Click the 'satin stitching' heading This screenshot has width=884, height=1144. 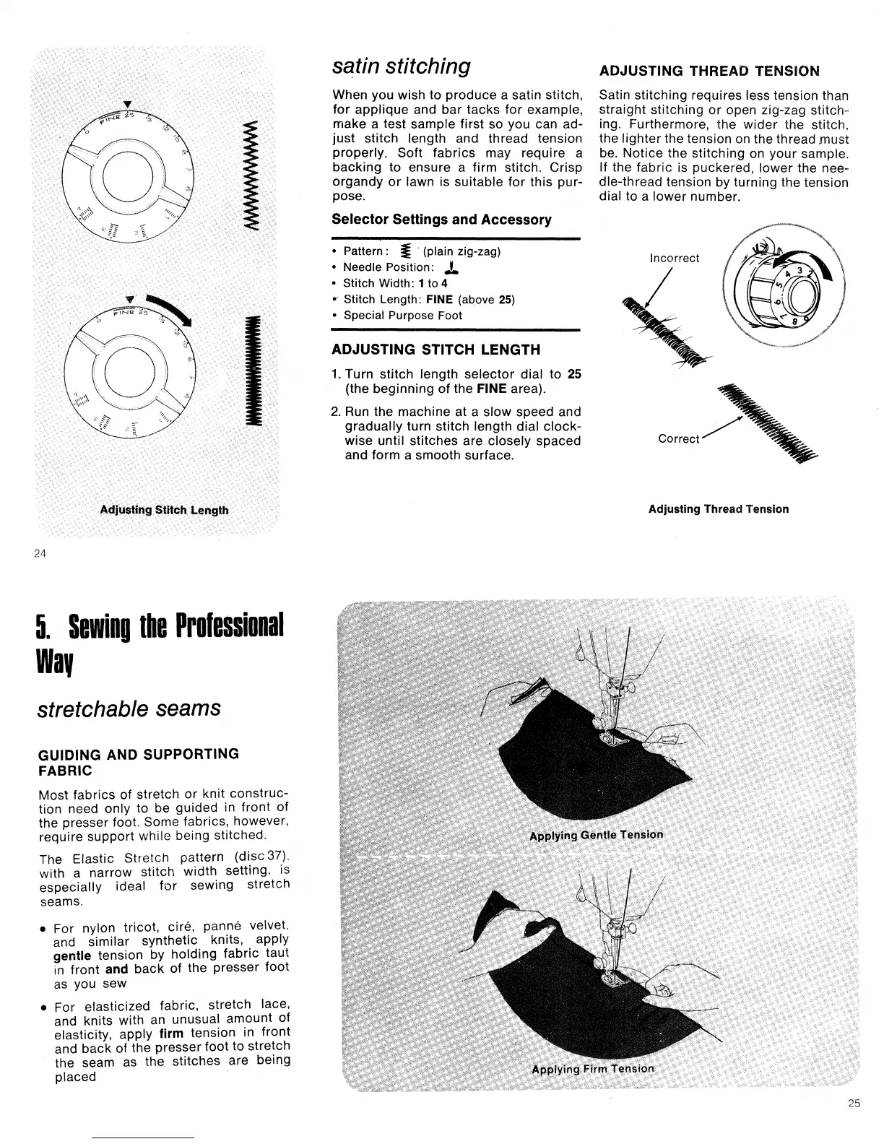402,66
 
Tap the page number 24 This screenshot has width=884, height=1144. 40,554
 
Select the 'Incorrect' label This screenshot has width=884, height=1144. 675,258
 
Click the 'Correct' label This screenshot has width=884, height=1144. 679,438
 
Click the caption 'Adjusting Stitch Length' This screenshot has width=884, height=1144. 165,510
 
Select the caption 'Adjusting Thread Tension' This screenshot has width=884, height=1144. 718,509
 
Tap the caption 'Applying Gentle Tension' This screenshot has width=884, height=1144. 596,835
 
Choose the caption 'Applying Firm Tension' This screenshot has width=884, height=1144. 593,1069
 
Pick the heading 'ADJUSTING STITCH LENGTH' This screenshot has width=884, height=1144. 435,350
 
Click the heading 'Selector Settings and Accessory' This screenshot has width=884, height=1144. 441,220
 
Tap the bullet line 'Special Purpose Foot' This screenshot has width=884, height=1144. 402,316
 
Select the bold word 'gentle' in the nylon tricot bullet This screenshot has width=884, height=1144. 71,955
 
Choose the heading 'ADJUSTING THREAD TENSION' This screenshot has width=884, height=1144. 710,71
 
